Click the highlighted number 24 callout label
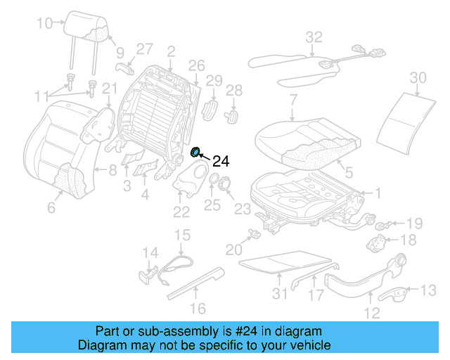coord(221,161)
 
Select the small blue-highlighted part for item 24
coord(196,152)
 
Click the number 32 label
coord(314,37)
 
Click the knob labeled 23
coord(225,185)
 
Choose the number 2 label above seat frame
coord(171,51)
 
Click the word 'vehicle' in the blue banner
coord(311,345)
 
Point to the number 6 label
coord(51,207)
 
